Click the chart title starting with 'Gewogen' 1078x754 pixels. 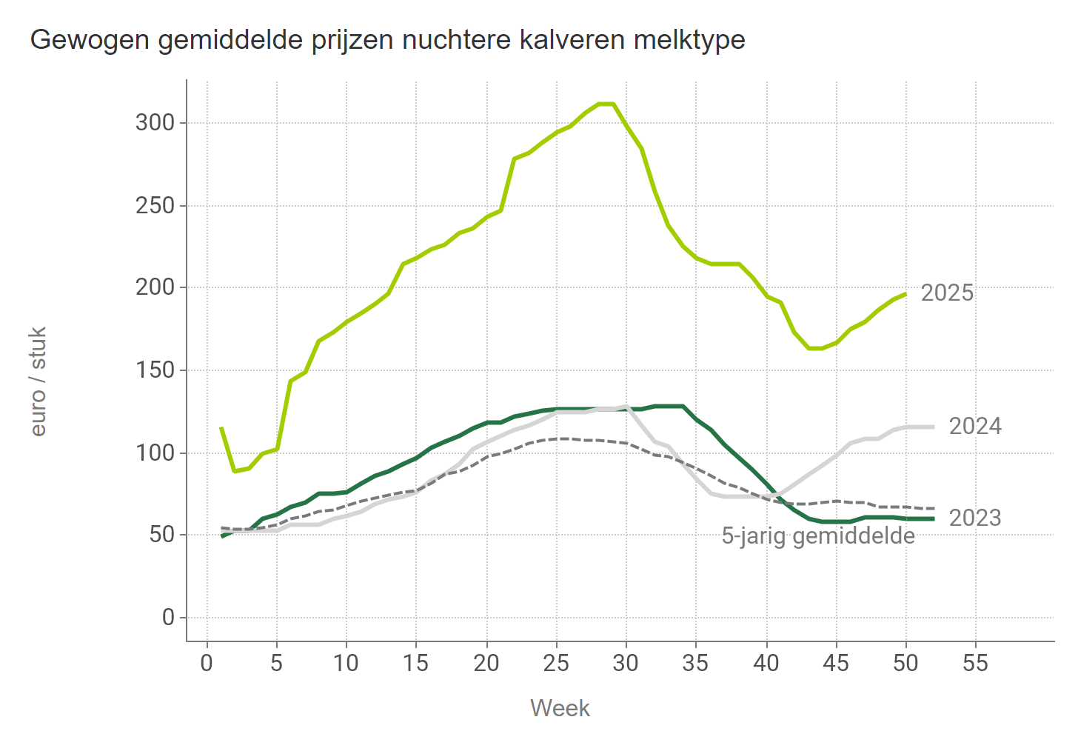(387, 39)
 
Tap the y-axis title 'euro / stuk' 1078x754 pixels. (38, 381)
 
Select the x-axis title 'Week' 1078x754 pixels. (560, 708)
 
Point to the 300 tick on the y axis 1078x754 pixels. (155, 122)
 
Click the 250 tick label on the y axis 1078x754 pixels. (155, 205)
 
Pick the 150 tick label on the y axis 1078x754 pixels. (155, 370)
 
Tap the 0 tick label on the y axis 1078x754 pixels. (169, 617)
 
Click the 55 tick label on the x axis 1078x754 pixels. (975, 663)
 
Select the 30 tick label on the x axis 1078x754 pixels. (626, 663)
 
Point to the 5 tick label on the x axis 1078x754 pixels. (276, 663)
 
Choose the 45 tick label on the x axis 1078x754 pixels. (836, 663)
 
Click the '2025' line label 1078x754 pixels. (947, 293)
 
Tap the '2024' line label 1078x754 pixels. (975, 427)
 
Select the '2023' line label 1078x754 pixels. (975, 518)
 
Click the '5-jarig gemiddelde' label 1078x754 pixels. (818, 536)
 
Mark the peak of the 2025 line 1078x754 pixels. (606, 104)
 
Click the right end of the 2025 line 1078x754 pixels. (905, 294)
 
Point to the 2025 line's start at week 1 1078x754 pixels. (221, 428)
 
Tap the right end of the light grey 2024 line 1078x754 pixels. (933, 427)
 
